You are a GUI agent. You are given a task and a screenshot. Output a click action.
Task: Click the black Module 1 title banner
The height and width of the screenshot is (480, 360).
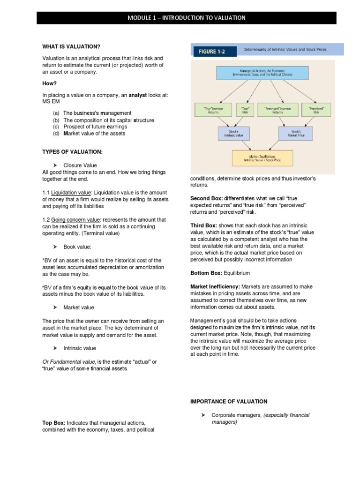tap(187, 18)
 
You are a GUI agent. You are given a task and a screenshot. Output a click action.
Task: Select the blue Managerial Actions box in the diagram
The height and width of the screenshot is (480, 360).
tap(262, 73)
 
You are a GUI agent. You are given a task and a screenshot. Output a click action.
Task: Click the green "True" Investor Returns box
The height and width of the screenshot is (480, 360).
tap(212, 110)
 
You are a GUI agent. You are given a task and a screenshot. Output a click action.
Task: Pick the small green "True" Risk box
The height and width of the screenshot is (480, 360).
tap(244, 110)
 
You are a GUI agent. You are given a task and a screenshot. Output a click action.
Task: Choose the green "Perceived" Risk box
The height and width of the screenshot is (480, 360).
tap(315, 110)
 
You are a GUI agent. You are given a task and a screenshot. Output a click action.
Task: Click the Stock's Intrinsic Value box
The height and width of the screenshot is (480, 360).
tap(234, 134)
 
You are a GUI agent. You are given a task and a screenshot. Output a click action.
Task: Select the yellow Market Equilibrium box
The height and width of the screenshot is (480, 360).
tap(262, 158)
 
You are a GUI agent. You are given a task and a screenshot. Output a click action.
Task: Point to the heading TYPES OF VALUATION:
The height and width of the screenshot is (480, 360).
tap(72, 151)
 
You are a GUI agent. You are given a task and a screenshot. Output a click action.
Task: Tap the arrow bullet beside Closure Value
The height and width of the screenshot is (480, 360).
tap(54, 165)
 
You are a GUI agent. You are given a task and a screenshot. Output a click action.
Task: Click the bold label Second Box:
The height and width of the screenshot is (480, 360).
tap(206, 198)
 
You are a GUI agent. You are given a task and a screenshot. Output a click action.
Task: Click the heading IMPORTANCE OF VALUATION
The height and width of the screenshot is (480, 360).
tap(229, 401)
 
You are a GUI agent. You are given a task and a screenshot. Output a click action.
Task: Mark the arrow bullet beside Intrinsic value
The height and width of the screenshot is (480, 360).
tap(54, 348)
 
